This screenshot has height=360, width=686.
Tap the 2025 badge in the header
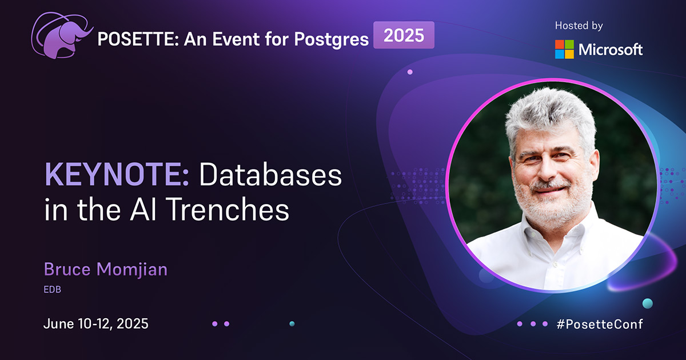click(x=404, y=35)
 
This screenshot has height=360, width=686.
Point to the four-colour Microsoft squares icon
click(x=564, y=49)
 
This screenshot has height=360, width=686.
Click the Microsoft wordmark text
click(x=611, y=50)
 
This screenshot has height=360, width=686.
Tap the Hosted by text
click(x=579, y=26)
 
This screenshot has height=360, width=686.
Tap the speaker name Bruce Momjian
click(x=105, y=269)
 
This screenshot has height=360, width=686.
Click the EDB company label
click(x=53, y=289)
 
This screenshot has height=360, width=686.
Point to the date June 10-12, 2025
click(x=96, y=323)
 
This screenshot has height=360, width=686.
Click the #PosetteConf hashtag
click(x=600, y=324)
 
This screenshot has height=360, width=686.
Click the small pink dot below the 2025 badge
click(x=410, y=72)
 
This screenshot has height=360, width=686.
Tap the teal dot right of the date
click(x=292, y=323)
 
